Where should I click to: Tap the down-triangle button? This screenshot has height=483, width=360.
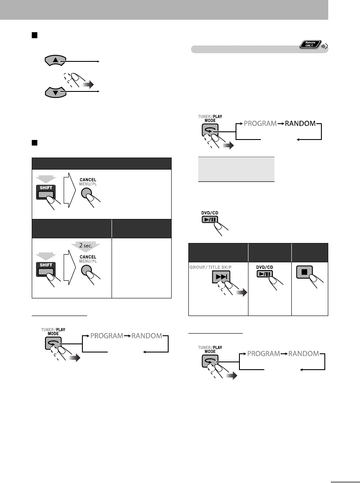click(54, 92)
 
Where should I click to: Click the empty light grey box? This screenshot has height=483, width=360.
click(236, 169)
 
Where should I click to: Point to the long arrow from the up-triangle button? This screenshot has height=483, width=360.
click(82, 62)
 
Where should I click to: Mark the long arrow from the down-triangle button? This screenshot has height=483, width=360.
click(82, 91)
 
